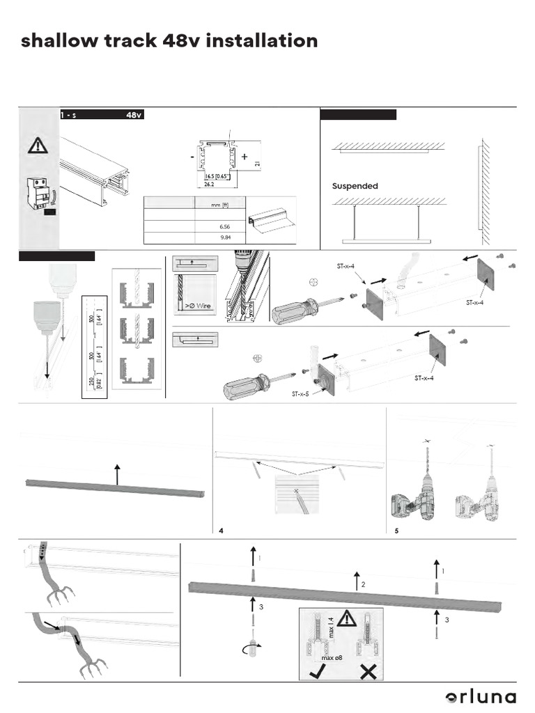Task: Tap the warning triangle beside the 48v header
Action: [x=36, y=146]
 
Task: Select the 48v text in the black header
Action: [x=134, y=115]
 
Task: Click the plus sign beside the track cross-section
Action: [x=245, y=158]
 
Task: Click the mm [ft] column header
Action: [x=220, y=205]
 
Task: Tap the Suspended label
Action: [x=355, y=186]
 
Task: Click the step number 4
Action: [x=221, y=531]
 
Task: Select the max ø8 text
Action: [x=332, y=657]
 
